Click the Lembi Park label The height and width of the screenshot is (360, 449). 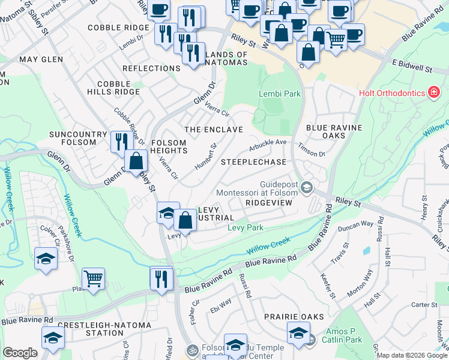279,94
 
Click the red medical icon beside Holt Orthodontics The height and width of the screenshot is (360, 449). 432,92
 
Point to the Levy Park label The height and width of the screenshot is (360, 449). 246,228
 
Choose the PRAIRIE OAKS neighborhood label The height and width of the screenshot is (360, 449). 296,316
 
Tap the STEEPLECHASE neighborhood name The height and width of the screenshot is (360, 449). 253,163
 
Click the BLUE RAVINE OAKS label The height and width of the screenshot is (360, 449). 334,131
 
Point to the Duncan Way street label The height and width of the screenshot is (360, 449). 356,226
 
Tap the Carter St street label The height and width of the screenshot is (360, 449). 424,305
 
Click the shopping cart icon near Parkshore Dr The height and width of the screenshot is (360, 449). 93,280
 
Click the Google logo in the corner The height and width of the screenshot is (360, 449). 20,353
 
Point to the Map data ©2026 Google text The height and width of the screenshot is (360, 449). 411,355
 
